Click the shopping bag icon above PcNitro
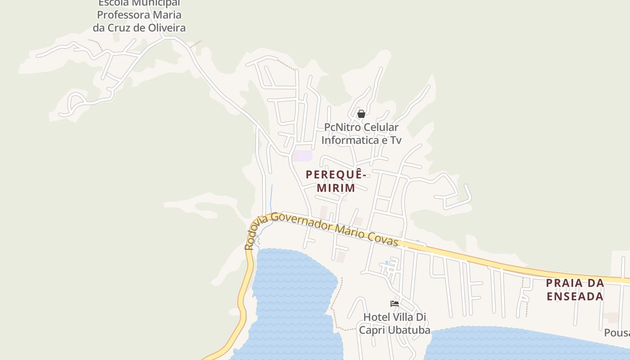point(361,114)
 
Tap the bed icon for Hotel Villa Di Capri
point(395,304)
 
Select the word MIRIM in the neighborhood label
point(336,188)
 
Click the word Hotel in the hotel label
point(376,317)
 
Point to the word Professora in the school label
point(122,15)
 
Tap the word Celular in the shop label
point(381,128)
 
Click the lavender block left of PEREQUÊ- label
point(304,156)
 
